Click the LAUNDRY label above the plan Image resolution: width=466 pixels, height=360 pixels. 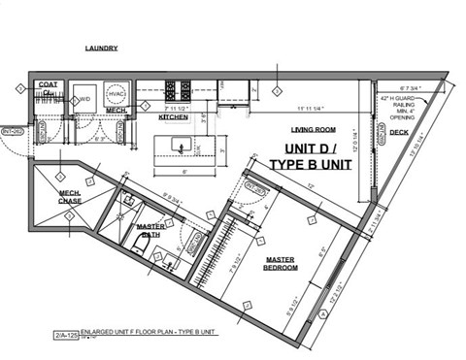point(101,48)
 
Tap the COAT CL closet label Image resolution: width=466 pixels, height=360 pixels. point(48,89)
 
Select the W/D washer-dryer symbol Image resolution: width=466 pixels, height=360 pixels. point(84,99)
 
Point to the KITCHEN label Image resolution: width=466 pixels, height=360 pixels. point(173,117)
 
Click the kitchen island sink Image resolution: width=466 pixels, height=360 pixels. point(183,146)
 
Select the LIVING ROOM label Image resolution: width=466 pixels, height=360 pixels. point(313,129)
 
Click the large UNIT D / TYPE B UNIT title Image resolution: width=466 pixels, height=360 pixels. point(310,159)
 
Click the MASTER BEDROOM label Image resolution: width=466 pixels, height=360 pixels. point(287,264)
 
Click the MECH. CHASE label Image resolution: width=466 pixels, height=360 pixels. point(69,197)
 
